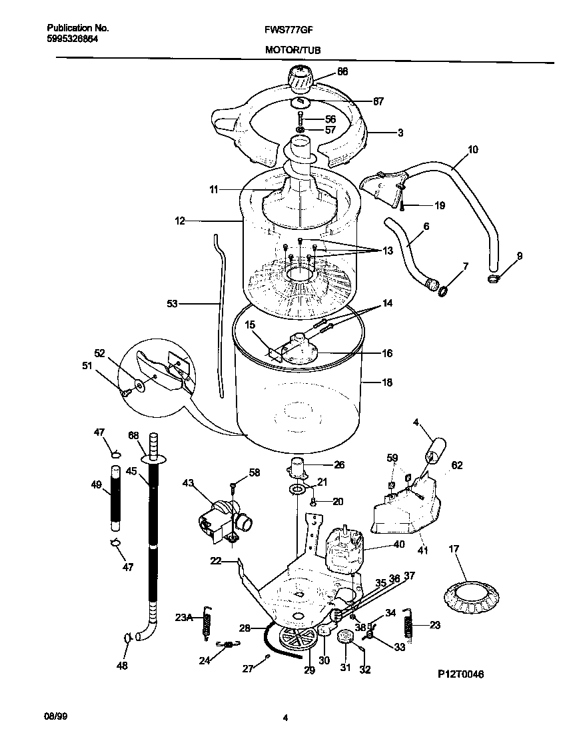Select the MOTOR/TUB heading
click(x=288, y=49)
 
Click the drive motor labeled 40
click(x=345, y=549)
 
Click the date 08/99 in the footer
click(x=57, y=718)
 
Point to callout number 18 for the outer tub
click(x=386, y=382)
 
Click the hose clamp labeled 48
click(x=127, y=638)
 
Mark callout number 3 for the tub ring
click(x=400, y=133)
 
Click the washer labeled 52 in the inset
click(x=139, y=385)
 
